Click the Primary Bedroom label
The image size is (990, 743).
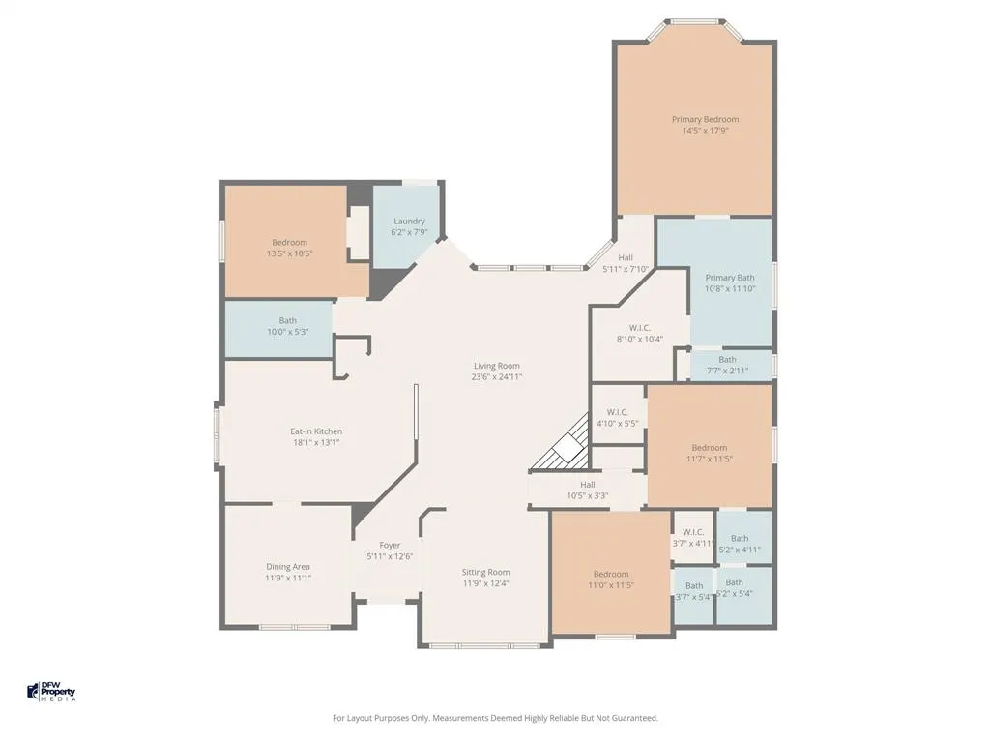(x=705, y=119)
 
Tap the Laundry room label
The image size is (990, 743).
(x=409, y=222)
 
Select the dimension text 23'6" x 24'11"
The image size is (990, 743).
(x=497, y=377)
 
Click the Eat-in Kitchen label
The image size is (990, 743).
(x=316, y=431)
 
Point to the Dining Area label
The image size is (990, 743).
(x=288, y=567)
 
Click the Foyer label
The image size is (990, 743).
(x=391, y=546)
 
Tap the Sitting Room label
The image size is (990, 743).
(x=485, y=573)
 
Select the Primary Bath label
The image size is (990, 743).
(x=730, y=278)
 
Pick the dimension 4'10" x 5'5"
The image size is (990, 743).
(x=618, y=424)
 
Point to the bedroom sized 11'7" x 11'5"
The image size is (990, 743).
(x=710, y=446)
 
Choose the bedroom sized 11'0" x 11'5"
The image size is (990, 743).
(x=611, y=573)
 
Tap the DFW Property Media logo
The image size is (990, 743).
(x=52, y=691)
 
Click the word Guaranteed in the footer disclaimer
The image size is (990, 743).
(x=635, y=718)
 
